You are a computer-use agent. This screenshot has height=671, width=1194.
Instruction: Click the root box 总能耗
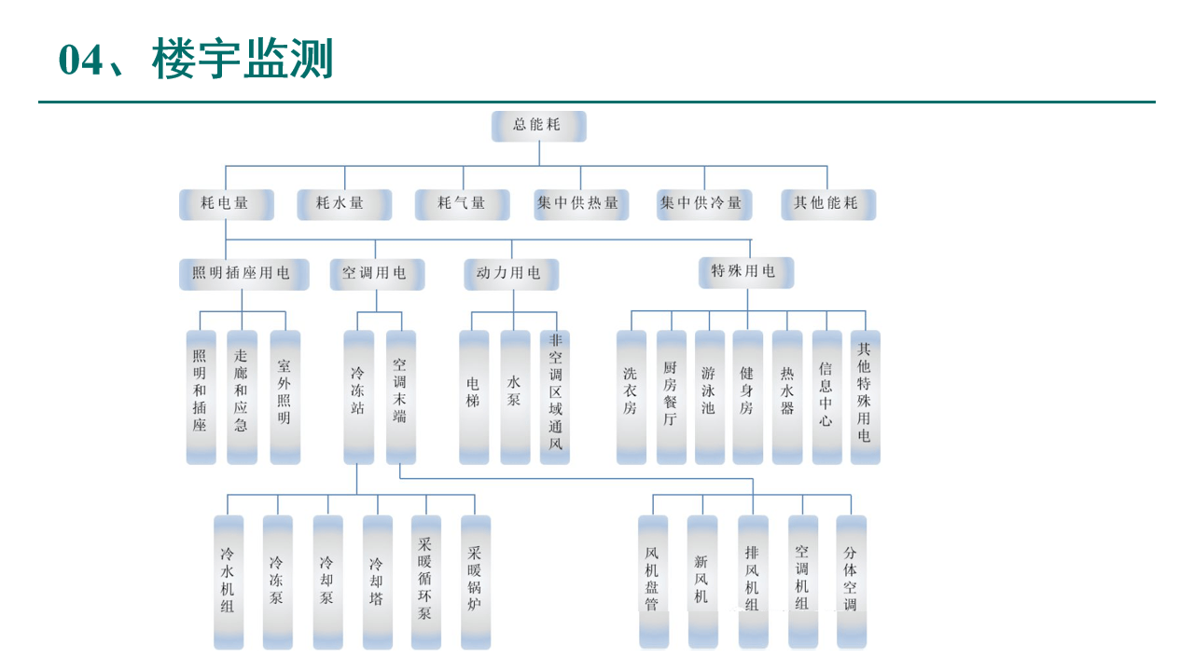538,126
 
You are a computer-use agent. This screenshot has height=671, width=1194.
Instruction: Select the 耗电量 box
226,204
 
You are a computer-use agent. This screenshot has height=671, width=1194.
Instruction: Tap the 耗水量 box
344,204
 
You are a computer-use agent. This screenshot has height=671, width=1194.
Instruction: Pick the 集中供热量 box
580,204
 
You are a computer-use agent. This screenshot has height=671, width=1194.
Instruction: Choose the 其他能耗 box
828,204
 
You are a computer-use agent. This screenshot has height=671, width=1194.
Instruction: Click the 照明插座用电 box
243,274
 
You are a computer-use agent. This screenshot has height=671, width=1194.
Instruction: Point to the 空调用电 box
376,274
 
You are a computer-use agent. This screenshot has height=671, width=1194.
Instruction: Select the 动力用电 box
511,274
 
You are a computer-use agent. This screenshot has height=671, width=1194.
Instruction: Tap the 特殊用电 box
746,272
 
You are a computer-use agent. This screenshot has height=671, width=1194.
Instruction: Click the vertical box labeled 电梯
474,397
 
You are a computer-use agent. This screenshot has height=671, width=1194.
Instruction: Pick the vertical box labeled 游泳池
709,397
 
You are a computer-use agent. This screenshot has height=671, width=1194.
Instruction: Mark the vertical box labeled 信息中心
826,397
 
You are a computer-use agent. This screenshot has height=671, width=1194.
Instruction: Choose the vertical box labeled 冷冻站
358,397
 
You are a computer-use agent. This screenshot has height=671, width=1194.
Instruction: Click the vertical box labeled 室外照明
285,397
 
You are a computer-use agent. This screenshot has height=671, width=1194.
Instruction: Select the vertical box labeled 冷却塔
377,582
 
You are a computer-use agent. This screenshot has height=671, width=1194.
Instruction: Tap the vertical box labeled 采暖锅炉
476,582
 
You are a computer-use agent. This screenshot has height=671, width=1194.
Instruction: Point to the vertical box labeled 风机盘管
653,582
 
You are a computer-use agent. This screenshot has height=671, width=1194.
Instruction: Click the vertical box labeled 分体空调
851,582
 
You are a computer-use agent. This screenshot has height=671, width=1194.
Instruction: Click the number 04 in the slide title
80,62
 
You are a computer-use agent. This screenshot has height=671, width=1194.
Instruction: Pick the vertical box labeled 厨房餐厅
671,397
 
